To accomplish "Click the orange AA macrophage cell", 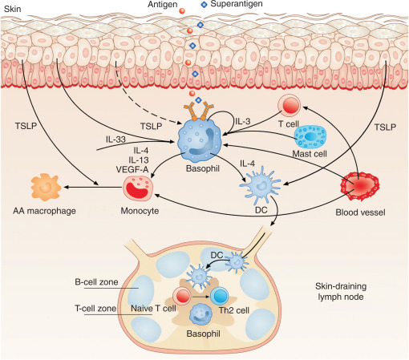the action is click(x=46, y=187).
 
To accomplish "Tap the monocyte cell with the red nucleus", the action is click(x=138, y=188).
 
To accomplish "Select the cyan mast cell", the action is click(x=310, y=137).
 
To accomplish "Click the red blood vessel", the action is click(x=360, y=186).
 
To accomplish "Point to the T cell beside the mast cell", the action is click(x=290, y=106).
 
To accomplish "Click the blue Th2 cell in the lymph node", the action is click(x=220, y=297).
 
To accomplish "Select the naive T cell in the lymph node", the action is click(x=182, y=297).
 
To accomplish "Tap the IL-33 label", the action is click(x=115, y=140).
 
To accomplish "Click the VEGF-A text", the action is click(x=132, y=169).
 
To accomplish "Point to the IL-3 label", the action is click(x=243, y=121).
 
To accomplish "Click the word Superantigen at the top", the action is click(x=237, y=4).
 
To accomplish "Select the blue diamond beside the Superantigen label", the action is click(x=204, y=5).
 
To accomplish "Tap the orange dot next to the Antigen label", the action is click(x=182, y=10).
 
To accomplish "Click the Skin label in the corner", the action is click(x=13, y=9).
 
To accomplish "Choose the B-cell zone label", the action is click(x=96, y=282).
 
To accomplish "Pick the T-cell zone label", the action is click(x=95, y=309).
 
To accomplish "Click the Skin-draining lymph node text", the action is click(x=341, y=292).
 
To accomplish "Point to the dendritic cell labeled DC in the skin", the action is click(x=261, y=185).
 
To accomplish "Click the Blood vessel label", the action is click(x=360, y=212).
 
